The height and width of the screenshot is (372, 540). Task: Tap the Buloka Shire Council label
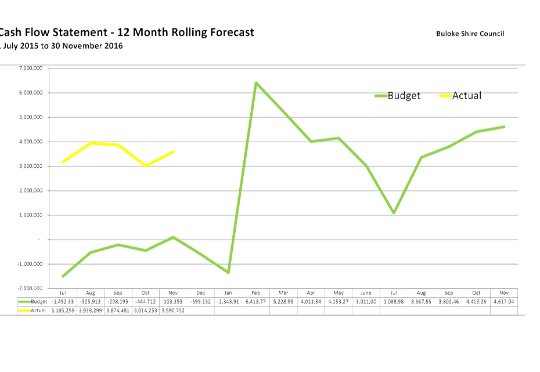pos(470,34)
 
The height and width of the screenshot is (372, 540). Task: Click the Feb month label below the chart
pos(256,293)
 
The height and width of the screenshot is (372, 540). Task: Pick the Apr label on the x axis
pos(311,293)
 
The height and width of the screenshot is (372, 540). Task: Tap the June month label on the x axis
pos(366,293)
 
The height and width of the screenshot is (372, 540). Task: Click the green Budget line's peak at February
pos(255,82)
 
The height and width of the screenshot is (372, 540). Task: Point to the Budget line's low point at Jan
pos(228,272)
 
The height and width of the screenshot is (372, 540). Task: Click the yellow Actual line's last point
pos(174,151)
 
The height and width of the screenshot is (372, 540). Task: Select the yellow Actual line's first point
pos(63,161)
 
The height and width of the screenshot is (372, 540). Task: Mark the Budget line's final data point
pos(504,127)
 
